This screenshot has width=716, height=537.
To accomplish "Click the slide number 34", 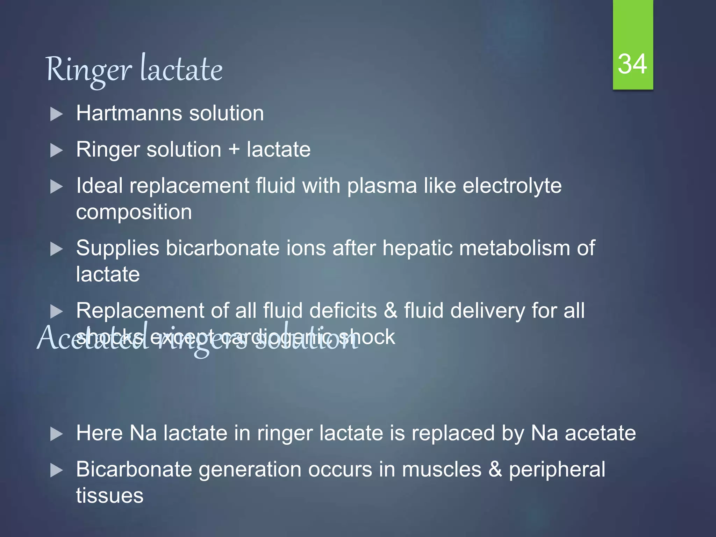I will (x=632, y=64).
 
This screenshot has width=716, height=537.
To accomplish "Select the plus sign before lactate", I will (x=234, y=150).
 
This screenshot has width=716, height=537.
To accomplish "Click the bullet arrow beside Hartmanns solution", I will (x=56, y=114).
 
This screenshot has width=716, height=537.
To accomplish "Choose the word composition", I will (x=134, y=212).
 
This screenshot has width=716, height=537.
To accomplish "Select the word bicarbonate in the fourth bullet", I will (x=223, y=248).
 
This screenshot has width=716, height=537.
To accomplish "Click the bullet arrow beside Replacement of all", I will (x=56, y=312).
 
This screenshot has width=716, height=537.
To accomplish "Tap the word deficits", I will (x=343, y=310).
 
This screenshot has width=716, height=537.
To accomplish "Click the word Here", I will (x=99, y=433).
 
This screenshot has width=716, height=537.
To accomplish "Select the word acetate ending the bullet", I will (x=600, y=433).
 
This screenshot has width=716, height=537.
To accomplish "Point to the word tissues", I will (x=110, y=496).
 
